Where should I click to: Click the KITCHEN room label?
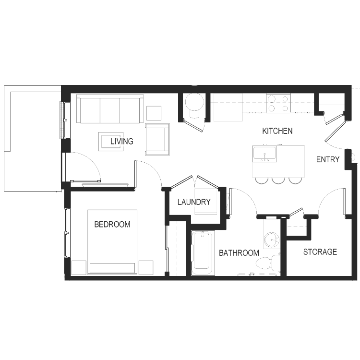point(277,131)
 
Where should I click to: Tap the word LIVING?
point(122,141)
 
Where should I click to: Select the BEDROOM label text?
point(112,224)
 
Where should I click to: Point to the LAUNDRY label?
point(194,202)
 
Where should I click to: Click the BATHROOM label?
point(239,253)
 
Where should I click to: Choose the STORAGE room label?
point(320,252)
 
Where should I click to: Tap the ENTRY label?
point(328,159)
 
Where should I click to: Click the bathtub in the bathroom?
point(202,253)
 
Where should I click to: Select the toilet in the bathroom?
point(268,262)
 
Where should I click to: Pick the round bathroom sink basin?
point(272,240)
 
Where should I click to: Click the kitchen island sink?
point(264,153)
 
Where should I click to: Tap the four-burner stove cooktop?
point(278,103)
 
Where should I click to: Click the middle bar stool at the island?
point(278,180)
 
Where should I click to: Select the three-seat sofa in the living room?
point(110,109)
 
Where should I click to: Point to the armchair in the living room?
point(157,140)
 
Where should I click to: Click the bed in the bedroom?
point(112,242)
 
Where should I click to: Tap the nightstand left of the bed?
point(79,268)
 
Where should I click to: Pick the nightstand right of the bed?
point(146,268)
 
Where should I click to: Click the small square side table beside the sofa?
point(154,113)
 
